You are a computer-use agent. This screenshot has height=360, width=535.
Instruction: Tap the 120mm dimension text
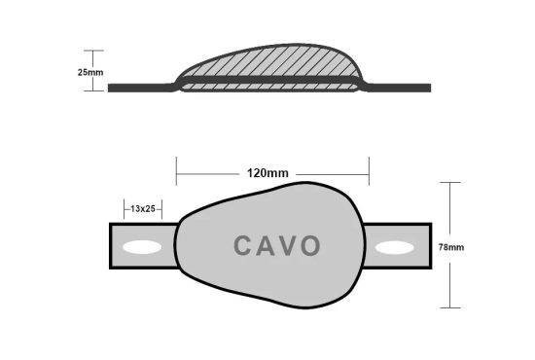(267, 173)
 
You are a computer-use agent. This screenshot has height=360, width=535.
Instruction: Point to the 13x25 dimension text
(143, 208)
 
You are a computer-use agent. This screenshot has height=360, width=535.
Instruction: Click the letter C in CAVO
(243, 245)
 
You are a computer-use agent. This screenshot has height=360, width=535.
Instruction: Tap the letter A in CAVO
(267, 245)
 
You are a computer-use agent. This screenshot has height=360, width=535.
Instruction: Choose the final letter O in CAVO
(311, 245)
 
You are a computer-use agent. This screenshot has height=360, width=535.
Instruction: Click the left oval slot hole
(142, 245)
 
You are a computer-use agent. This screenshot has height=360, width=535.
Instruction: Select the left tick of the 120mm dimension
(176, 172)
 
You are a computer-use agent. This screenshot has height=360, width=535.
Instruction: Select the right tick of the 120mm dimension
(369, 172)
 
